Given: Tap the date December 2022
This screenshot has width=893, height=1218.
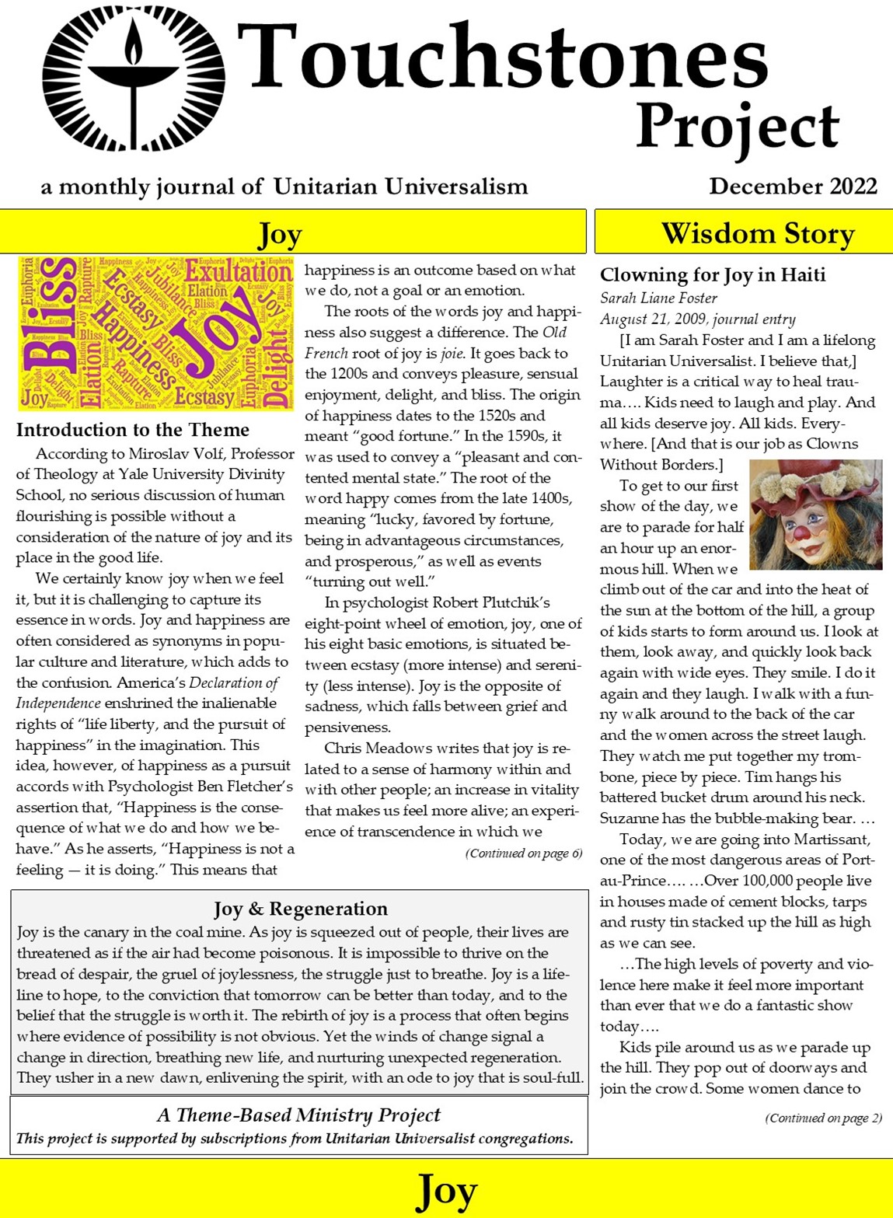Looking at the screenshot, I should pos(793,187).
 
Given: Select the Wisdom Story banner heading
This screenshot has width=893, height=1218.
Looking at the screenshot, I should pos(757,233).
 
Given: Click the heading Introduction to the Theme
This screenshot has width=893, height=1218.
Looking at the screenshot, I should pos(133,430).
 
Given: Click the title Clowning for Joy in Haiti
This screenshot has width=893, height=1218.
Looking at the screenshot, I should pos(713,274).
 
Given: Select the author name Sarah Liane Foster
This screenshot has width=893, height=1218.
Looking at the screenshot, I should pos(658,298).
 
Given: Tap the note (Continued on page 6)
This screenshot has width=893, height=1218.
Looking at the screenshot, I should pos(524,853).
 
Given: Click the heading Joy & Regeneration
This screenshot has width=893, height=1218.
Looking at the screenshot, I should pos(300,909).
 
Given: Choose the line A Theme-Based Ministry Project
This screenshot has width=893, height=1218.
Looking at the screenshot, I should pos(298,1115).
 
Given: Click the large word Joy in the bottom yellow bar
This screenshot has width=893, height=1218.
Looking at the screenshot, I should pos(446,1190).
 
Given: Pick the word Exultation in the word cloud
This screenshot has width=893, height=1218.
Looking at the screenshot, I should pos(239,273).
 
